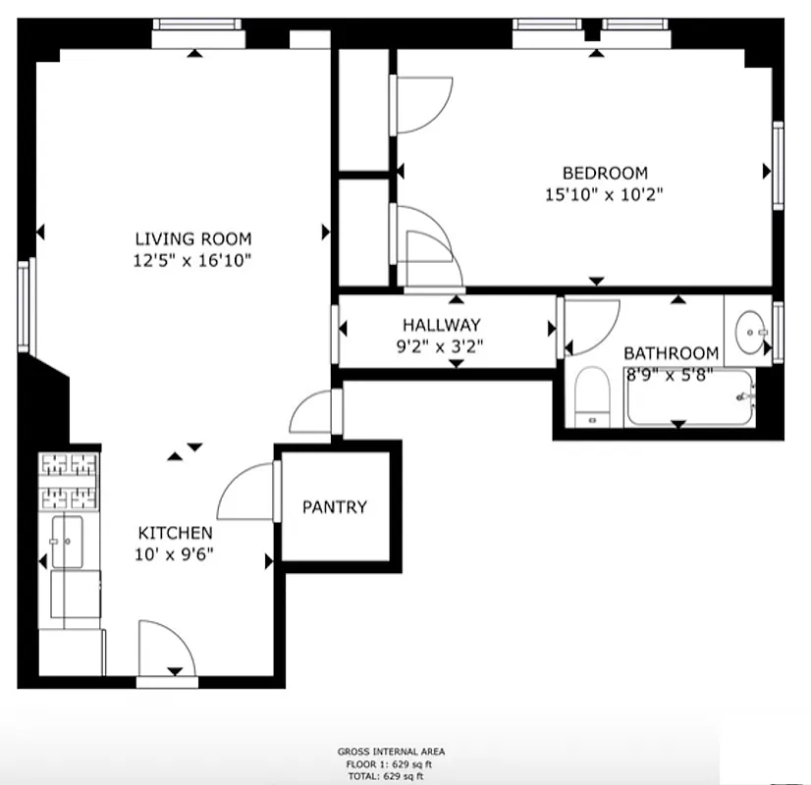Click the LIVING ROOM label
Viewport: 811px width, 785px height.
click(193, 238)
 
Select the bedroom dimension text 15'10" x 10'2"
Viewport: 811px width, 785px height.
click(605, 194)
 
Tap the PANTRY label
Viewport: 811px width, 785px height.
click(334, 507)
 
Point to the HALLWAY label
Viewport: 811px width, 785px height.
click(441, 325)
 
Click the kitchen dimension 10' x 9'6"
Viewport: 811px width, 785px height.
click(175, 553)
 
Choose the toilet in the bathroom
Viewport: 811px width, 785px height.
click(591, 397)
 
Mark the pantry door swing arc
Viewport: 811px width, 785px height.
click(244, 491)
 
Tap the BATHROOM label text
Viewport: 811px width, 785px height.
click(672, 353)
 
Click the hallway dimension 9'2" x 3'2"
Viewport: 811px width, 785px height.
click(441, 345)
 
